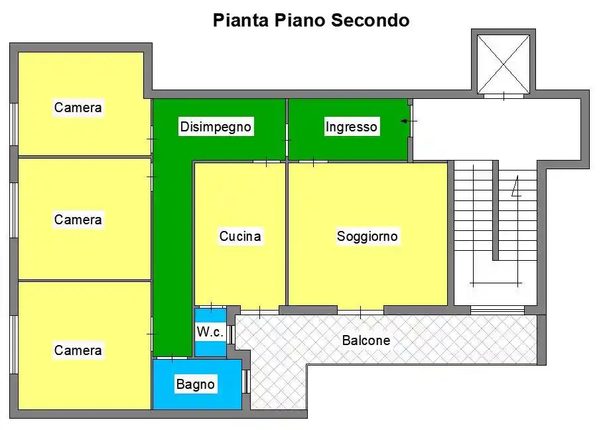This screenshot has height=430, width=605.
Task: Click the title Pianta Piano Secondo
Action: (311, 21)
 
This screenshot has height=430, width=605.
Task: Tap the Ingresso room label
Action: (351, 127)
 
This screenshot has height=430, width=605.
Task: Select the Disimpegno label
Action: (216, 127)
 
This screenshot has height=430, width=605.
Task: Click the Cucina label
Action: (240, 236)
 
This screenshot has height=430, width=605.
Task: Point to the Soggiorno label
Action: (367, 236)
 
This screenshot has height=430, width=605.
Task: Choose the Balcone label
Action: (366, 340)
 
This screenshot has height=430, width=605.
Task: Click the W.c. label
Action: (210, 332)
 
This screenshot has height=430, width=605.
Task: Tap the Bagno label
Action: (195, 384)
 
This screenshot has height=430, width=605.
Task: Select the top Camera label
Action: (78, 107)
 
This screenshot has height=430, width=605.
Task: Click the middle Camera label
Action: (78, 219)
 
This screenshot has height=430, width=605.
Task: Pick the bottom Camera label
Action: (78, 350)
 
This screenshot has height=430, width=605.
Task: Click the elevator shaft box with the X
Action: (504, 64)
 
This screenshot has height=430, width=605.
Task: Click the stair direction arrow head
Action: (516, 190)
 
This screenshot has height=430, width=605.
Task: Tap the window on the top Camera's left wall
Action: (13, 124)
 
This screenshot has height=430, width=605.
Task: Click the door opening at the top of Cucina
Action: (266, 162)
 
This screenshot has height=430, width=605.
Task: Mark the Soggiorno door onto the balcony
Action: (360, 311)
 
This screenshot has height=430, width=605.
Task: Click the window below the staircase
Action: (497, 310)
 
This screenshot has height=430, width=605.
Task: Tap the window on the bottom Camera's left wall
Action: (13, 344)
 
